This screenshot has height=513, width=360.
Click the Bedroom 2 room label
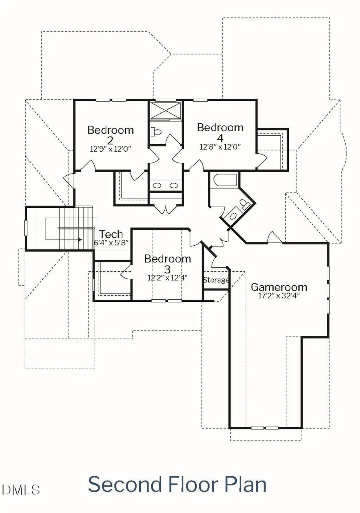pos(110,135)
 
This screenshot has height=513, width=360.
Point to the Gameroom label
pos(279,287)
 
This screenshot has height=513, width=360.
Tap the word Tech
pos(111,234)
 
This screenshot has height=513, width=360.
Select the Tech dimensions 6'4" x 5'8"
pos(112,242)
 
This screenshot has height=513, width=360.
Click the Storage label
pos(216,280)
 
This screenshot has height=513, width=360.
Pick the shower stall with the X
pos(166,110)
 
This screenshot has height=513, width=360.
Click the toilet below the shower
pos(156,131)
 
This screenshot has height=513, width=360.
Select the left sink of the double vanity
pos(158,185)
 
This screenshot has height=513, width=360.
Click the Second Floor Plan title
pos(177,484)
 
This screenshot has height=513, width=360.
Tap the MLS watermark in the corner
pos(21,489)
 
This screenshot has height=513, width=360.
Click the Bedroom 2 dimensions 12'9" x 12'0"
pos(110,148)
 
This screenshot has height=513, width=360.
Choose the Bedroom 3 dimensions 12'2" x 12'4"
pos(168,277)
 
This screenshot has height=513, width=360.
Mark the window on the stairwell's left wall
pos(26,228)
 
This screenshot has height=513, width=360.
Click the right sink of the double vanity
pos(173,185)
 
